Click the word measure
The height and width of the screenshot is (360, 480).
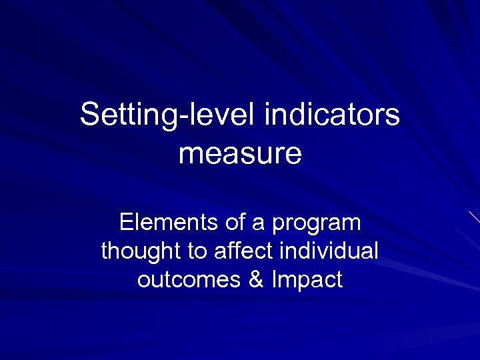(240, 154)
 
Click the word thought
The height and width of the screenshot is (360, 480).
(141, 251)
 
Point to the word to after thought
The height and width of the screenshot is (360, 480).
(197, 251)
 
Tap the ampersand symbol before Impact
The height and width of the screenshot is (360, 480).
(255, 279)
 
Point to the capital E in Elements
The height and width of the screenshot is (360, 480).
(125, 222)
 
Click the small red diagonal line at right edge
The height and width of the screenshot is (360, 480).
(474, 216)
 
